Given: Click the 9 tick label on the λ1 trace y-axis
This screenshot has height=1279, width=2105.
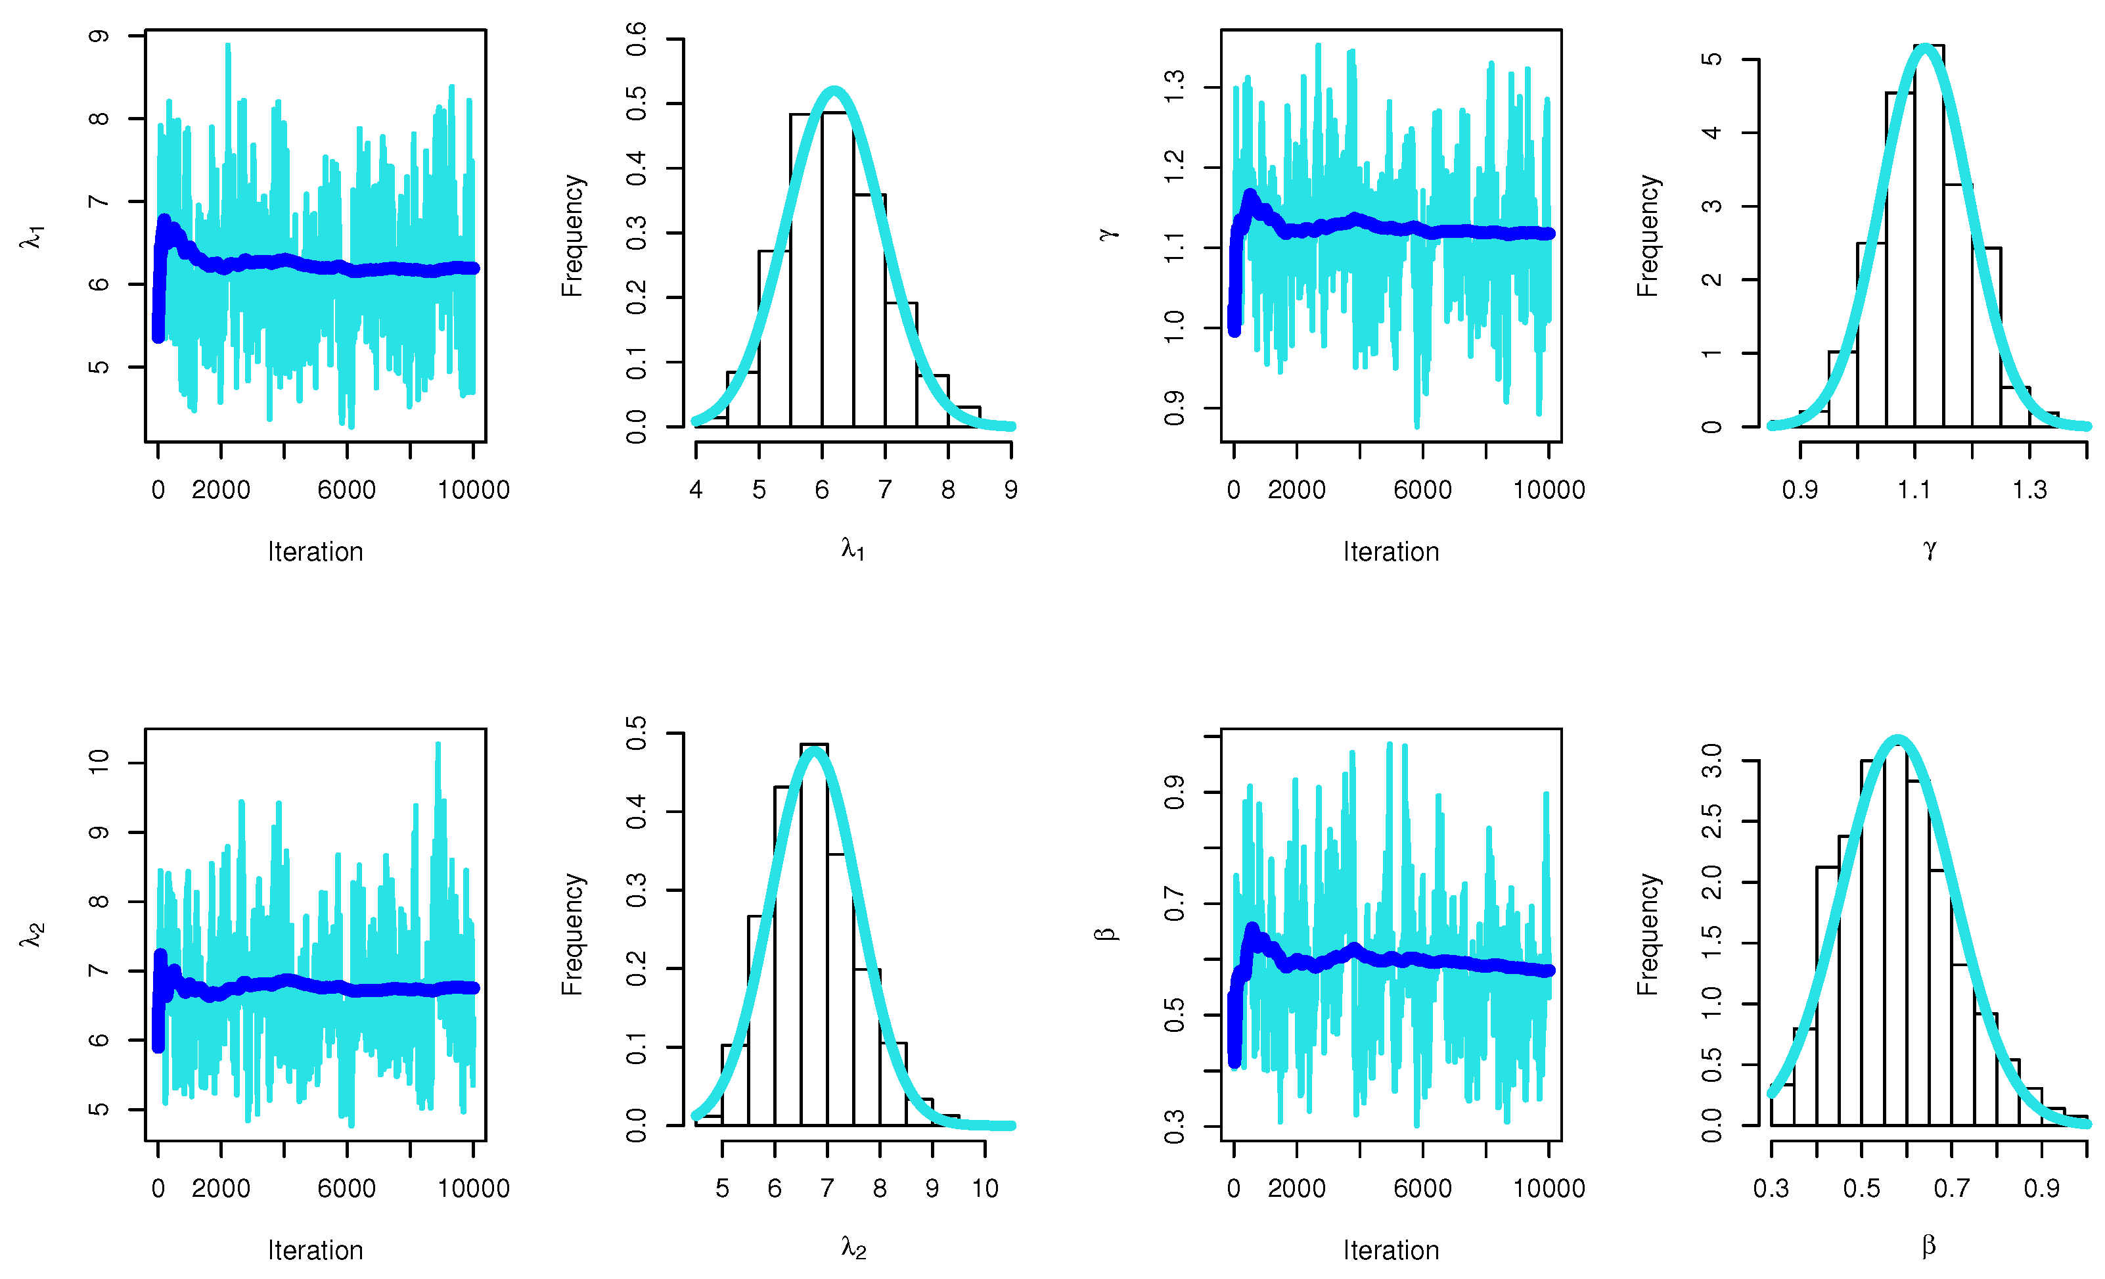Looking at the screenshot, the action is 99,36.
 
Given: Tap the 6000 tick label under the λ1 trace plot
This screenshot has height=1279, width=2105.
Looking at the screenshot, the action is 346,490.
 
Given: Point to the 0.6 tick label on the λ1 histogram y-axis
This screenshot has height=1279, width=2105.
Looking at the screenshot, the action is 637,39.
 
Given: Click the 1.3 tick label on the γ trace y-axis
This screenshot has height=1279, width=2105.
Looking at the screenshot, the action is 1175,87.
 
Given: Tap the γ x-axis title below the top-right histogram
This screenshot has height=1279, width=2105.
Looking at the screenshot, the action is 1929,549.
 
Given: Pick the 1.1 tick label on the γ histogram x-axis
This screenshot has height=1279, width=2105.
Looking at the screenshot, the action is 1914,490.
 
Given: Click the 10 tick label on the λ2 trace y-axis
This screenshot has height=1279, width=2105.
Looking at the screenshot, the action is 99,762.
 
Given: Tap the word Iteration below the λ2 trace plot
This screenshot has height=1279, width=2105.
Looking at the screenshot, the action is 315,1250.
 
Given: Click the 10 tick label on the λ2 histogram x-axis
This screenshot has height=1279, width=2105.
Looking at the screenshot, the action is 985,1188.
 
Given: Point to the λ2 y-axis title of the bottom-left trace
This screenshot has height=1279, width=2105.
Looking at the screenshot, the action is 32,935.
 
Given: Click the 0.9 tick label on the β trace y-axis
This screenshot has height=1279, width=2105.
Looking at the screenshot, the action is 1175,792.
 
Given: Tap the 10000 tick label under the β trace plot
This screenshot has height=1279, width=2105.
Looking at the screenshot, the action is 1548,1188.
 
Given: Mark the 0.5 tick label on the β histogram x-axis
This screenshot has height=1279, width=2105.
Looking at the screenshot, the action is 1861,1188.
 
